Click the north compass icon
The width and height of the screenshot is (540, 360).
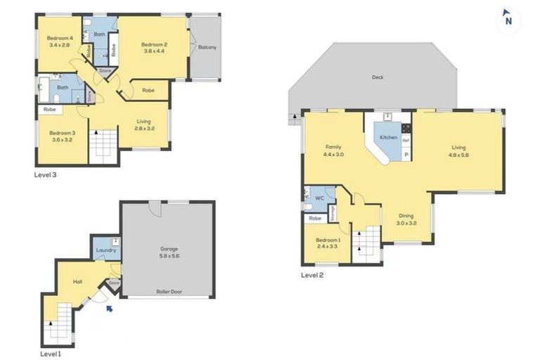click(508, 20)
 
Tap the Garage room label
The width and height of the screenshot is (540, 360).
click(169, 249)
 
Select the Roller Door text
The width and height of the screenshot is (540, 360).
click(169, 290)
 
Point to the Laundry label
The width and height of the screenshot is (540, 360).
click(105, 250)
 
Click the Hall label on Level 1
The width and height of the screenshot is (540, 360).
click(78, 282)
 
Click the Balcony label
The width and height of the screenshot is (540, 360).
click(207, 48)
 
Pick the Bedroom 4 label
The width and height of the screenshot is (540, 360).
click(59, 38)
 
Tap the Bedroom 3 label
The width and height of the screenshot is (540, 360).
click(62, 133)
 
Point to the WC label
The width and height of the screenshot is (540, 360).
click(319, 198)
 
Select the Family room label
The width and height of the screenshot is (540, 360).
click(333, 147)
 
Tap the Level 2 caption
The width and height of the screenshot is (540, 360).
click(312, 275)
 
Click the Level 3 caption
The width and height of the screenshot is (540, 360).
click(46, 175)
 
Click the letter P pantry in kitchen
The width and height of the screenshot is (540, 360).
click(406, 154)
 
